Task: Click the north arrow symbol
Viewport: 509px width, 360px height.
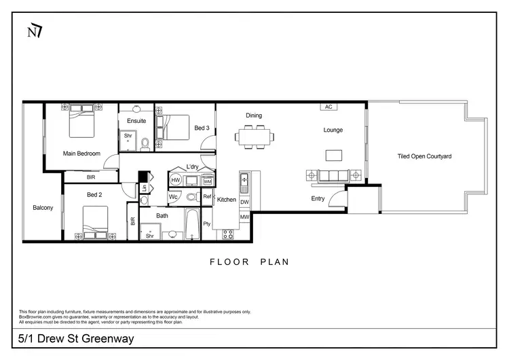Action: [x=33, y=31]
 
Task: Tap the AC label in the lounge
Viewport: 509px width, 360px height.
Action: [x=328, y=107]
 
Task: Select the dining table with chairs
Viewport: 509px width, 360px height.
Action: [x=255, y=136]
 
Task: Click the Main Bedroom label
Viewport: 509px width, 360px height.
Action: [x=81, y=154]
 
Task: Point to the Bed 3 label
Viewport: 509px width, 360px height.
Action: [x=202, y=128]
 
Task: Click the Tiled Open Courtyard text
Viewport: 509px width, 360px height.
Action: [x=424, y=156]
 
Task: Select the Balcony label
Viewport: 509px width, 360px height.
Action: [x=43, y=208]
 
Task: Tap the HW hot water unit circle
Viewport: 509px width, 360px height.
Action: [x=176, y=181]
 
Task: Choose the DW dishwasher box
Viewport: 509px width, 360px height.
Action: [x=245, y=202]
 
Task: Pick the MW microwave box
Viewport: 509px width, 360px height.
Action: [x=245, y=217]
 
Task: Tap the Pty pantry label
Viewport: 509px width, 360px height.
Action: [x=207, y=223]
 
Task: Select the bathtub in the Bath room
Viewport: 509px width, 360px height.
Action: [x=193, y=225]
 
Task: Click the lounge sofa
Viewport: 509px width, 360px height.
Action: [x=333, y=176]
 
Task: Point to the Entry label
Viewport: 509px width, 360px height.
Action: [x=318, y=199]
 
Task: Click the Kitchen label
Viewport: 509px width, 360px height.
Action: [x=226, y=200]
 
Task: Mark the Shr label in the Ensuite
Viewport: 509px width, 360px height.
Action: [x=127, y=135]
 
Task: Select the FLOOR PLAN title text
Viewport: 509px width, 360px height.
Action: [x=249, y=262]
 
